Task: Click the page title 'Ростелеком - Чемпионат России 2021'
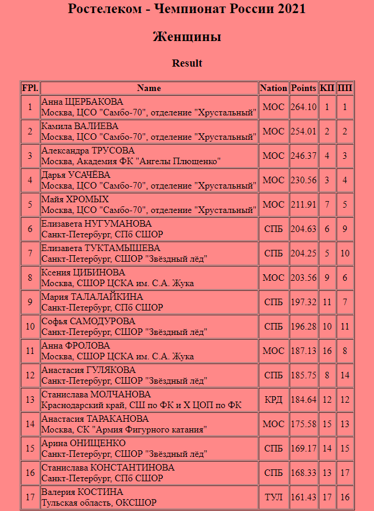tap(187, 9)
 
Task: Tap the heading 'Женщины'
tap(187, 37)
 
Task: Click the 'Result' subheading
tap(187, 63)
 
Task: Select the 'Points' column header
tap(303, 88)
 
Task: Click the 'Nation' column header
tap(274, 88)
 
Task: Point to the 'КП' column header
tap(327, 88)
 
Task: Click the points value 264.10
tap(303, 107)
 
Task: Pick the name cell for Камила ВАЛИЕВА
tap(149, 131)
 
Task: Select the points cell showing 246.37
tap(303, 156)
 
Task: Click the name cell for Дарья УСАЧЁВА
tap(149, 180)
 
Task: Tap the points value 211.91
tap(303, 205)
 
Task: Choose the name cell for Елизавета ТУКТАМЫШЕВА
tap(149, 253)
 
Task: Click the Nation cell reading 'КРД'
tap(274, 400)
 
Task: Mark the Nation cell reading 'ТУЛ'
tap(274, 497)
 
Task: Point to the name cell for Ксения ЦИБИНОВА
tap(149, 278)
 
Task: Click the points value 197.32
tap(303, 302)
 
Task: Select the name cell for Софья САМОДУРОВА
tap(149, 327)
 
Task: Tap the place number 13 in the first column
tap(30, 400)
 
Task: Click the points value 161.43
tap(303, 497)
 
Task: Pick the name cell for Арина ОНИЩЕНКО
tap(149, 449)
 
